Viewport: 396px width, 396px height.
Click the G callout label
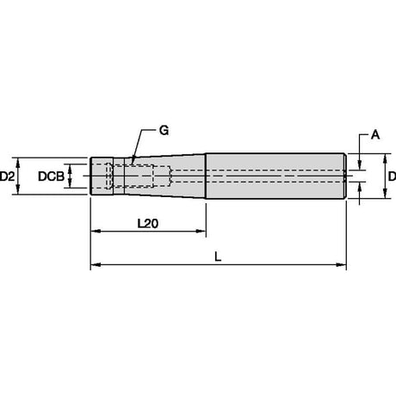(164, 131)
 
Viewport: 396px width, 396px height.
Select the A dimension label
(375, 134)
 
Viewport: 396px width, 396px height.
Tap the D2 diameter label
(7, 176)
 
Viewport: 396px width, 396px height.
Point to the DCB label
(51, 176)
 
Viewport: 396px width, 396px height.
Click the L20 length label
(148, 224)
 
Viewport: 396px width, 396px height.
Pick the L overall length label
(218, 257)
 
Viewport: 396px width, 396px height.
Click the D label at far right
(393, 176)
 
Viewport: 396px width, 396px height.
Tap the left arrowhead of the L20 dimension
(95, 231)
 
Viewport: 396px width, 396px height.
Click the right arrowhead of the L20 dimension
(201, 231)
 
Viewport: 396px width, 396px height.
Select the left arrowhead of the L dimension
(95, 264)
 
